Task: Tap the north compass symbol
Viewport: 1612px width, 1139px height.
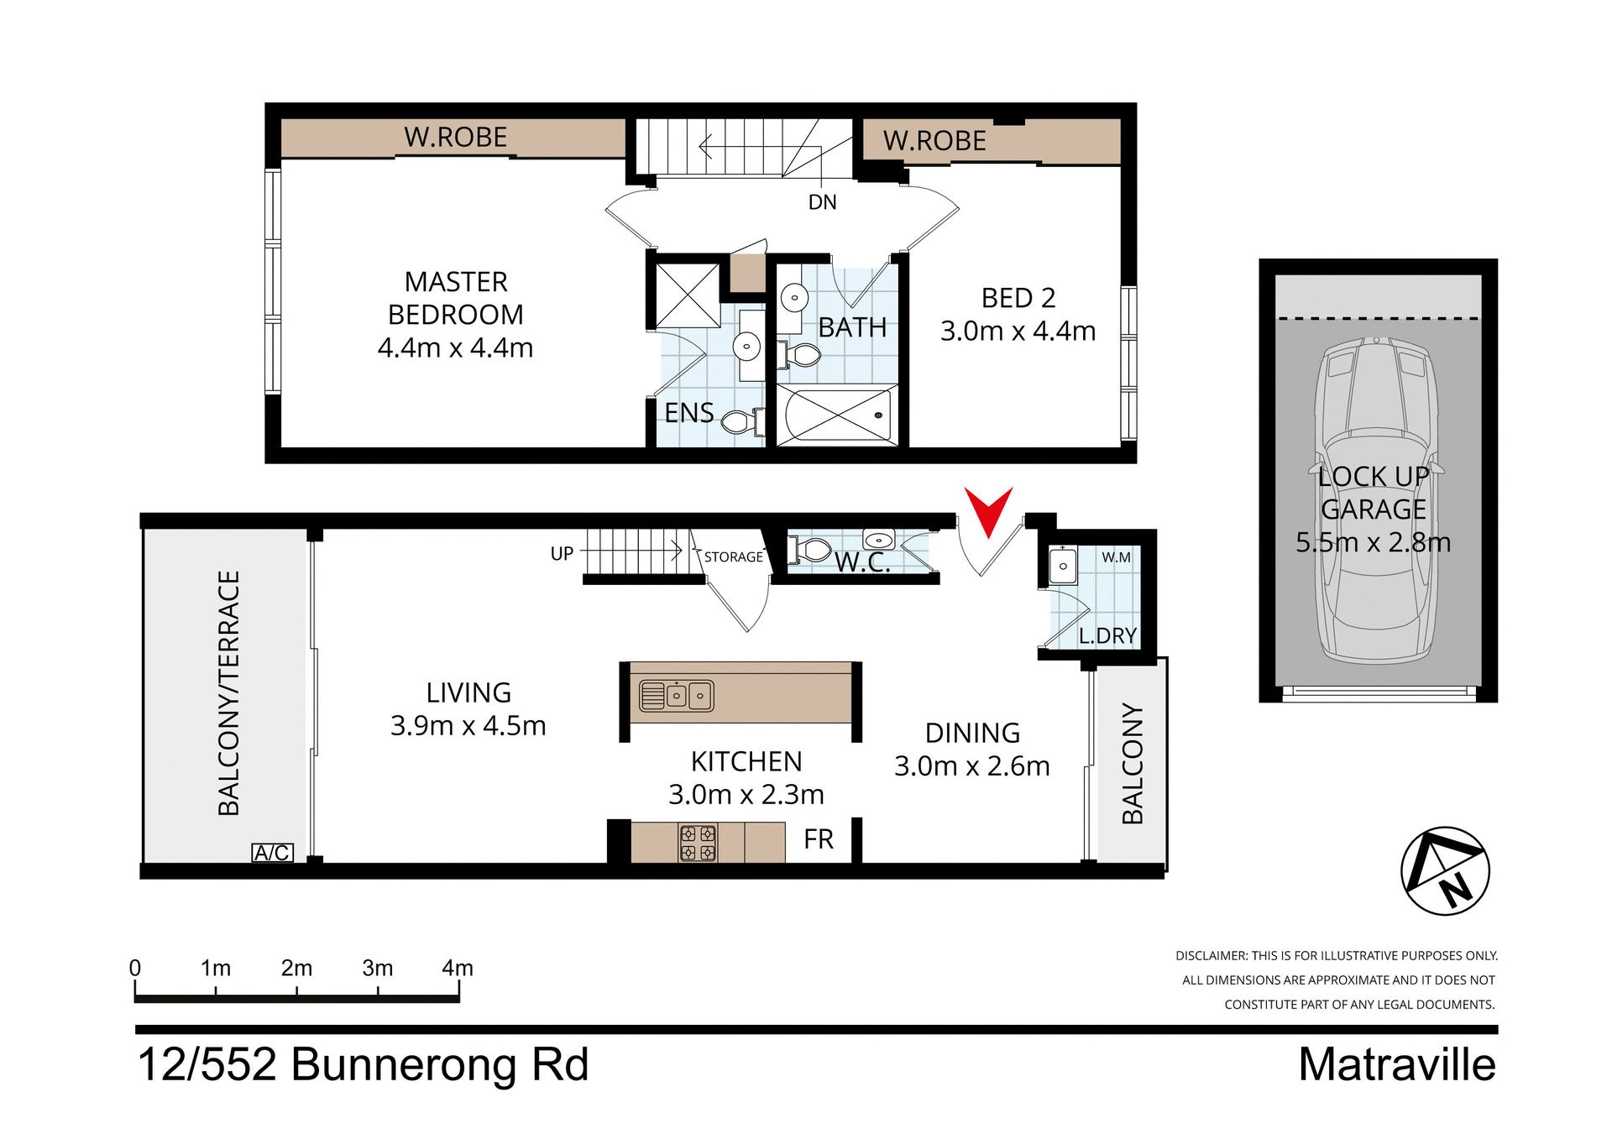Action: coord(1445,870)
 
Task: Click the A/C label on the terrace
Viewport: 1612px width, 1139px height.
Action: coord(272,853)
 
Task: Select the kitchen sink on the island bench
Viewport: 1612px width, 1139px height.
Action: coord(677,696)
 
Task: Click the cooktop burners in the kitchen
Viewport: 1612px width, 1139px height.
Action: coord(698,843)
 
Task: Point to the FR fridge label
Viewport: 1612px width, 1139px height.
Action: coord(818,839)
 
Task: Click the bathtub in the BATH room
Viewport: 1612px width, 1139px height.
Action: coord(836,415)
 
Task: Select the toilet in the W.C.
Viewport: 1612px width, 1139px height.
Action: coord(809,551)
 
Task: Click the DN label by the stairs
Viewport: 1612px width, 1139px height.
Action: coord(822,202)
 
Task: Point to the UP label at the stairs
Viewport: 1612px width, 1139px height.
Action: coord(562,554)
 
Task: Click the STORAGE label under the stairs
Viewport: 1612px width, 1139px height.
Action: coord(733,557)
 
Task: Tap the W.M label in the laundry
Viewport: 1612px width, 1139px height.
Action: coord(1116,557)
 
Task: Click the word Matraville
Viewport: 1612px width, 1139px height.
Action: coord(1396,1064)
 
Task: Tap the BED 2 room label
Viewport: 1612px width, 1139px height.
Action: coord(1018,298)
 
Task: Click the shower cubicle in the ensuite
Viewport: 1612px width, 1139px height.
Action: coord(688,295)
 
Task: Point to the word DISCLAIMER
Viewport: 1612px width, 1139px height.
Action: coord(1211,955)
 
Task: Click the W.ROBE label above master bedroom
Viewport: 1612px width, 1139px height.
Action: coord(455,137)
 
